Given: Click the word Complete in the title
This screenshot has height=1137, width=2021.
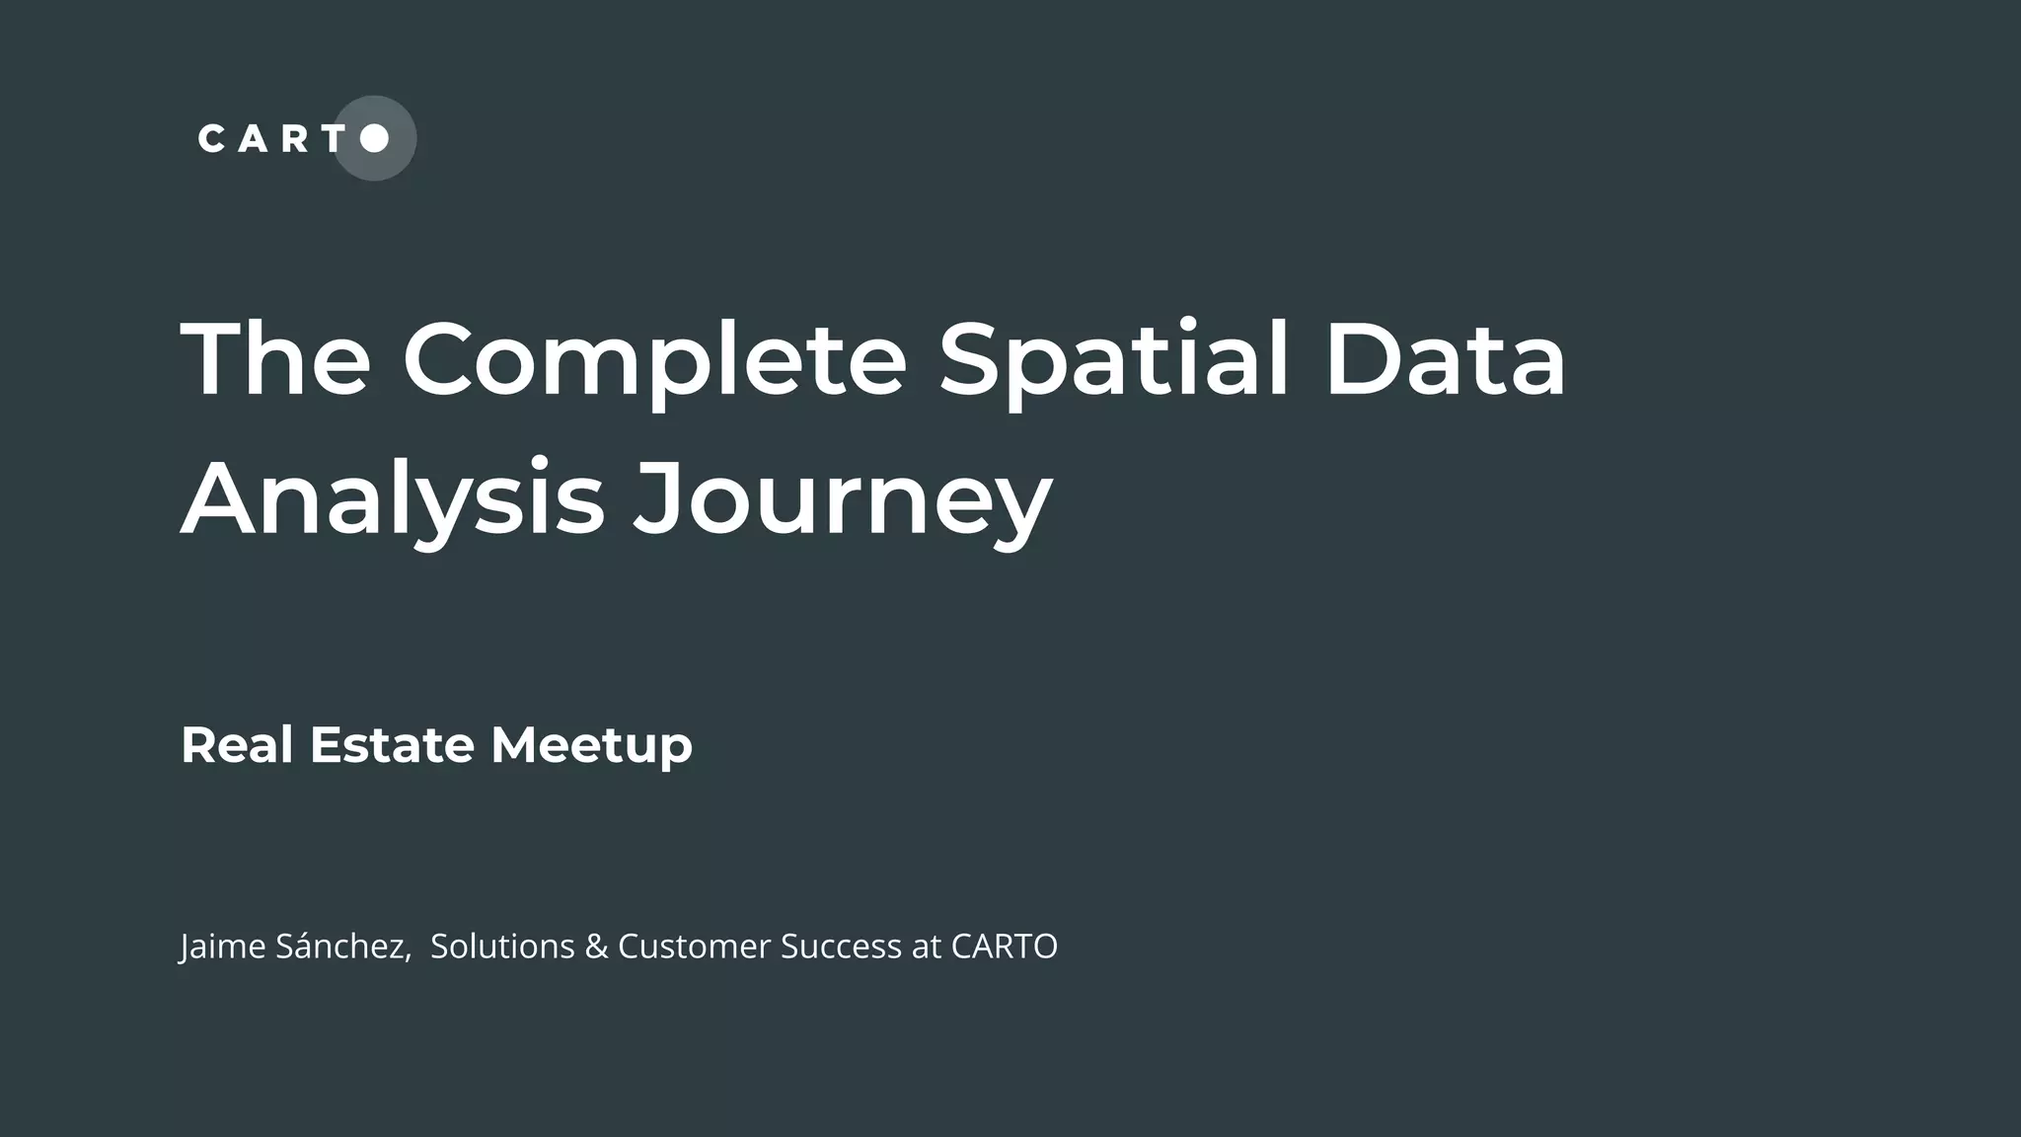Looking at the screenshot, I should pos(653,359).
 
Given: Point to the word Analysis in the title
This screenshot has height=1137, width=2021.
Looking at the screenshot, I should pos(392,499).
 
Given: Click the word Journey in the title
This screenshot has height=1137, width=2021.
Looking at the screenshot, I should pos(842,499).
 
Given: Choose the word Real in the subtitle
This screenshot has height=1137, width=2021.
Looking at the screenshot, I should pos(237,744).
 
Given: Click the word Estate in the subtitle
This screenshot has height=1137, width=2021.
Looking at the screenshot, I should pos(392,744).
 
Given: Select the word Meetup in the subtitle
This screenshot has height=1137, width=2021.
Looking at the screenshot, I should pos(591,746).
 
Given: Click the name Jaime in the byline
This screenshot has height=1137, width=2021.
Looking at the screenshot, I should pos(223,947).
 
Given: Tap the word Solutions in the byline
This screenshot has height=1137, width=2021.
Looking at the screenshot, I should pos(502,946).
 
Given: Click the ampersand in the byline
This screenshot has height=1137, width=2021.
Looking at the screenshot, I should pos(596,946).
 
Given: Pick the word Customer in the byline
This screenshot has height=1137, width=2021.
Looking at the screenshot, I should pos(694,946).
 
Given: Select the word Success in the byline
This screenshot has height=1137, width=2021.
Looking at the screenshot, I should pos(841,946).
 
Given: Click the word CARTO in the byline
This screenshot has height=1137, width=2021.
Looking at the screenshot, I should pos(1004,946).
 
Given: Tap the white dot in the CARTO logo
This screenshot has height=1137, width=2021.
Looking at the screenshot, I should pos(374,138).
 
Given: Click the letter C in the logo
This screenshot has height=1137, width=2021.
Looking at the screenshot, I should pos(211,138).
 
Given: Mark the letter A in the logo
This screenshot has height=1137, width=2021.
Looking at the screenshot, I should pos(253,138).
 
